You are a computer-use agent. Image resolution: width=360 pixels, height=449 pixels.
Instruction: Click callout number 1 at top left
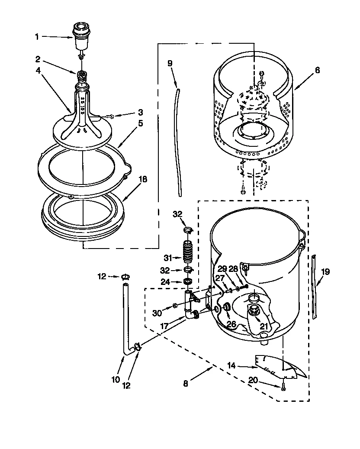[37, 37]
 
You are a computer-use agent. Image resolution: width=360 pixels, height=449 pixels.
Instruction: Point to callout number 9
[170, 63]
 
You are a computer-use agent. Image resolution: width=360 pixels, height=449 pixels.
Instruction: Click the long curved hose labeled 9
[178, 139]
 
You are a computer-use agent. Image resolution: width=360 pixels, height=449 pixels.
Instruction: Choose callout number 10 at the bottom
[115, 380]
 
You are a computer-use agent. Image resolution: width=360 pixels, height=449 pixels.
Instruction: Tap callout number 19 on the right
[325, 272]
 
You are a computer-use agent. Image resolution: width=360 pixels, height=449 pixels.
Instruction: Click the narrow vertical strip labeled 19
[315, 288]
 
